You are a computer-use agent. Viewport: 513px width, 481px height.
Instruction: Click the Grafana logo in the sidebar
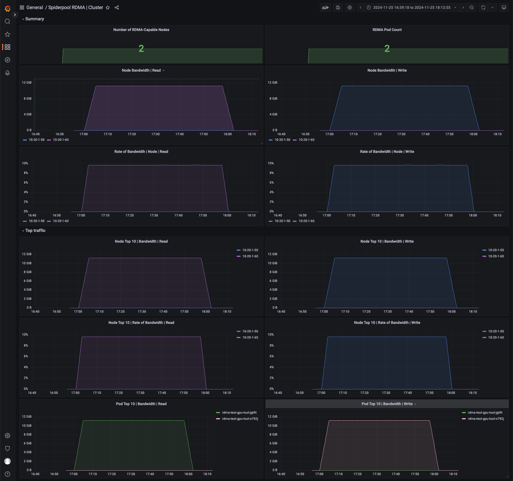point(7,9)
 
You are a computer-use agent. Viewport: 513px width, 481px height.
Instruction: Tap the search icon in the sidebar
point(7,21)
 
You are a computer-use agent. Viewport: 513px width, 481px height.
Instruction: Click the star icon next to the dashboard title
point(108,7)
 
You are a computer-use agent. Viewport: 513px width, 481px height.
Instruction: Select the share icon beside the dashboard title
point(117,7)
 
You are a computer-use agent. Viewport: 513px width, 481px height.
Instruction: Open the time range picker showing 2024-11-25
point(412,7)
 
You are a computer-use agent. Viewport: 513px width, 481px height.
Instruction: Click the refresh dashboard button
point(483,7)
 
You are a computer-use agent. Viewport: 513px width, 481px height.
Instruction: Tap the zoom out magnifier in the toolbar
point(472,7)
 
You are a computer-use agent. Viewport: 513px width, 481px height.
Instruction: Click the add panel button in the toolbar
point(325,7)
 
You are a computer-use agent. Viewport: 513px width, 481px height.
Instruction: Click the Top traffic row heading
point(35,231)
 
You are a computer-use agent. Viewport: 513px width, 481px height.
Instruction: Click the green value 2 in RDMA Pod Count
point(387,49)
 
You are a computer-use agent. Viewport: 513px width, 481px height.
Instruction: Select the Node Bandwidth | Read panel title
point(141,70)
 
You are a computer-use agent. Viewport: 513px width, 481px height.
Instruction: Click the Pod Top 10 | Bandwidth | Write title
point(387,404)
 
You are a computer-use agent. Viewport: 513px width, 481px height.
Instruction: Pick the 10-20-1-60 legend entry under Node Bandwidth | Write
point(306,140)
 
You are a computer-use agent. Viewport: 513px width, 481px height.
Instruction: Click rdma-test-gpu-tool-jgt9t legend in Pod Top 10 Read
point(239,413)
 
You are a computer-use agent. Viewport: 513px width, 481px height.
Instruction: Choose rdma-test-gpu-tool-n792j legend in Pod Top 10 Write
point(485,419)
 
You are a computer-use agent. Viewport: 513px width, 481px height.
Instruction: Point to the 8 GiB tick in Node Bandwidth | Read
point(28,99)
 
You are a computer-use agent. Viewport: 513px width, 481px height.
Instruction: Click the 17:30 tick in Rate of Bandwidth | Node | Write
point(400,215)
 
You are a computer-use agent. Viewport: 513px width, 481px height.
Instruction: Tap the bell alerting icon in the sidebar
point(7,73)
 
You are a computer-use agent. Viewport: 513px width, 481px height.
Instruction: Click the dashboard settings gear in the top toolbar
point(350,7)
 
